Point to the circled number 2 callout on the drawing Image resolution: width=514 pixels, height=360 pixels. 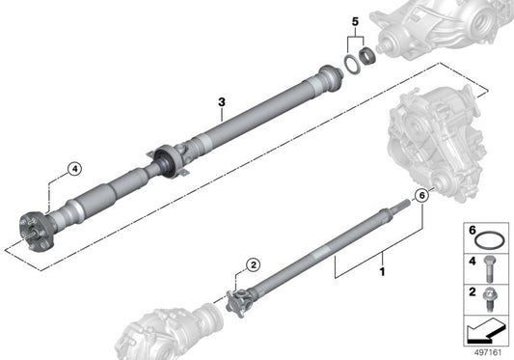coord(252,264)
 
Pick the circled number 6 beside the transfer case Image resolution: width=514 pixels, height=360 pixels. coord(419,196)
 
